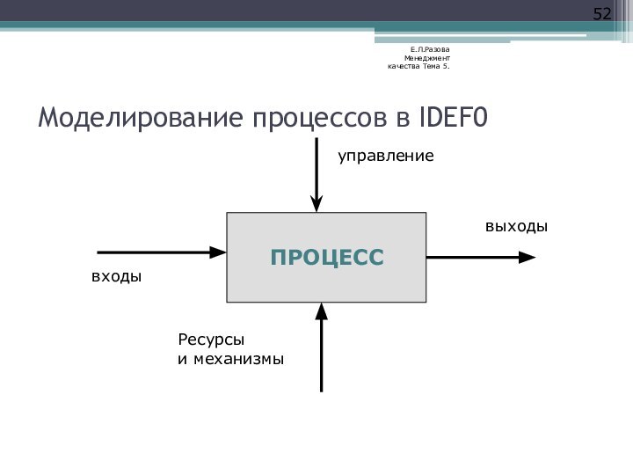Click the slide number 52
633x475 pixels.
(x=602, y=14)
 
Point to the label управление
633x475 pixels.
(x=386, y=156)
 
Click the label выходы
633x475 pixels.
(x=516, y=227)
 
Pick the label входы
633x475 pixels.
(x=116, y=276)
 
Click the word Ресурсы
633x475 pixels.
(x=211, y=340)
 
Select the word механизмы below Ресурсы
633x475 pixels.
(x=237, y=360)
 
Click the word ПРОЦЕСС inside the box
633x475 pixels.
(x=327, y=258)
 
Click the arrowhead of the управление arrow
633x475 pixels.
(x=316, y=204)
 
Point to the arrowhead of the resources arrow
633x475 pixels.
(x=322, y=310)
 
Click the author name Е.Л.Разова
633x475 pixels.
(x=430, y=48)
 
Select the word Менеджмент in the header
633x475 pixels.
(x=427, y=57)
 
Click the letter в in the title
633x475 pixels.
(x=402, y=117)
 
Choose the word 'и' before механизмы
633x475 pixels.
(x=182, y=360)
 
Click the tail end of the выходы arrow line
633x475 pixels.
(x=429, y=258)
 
